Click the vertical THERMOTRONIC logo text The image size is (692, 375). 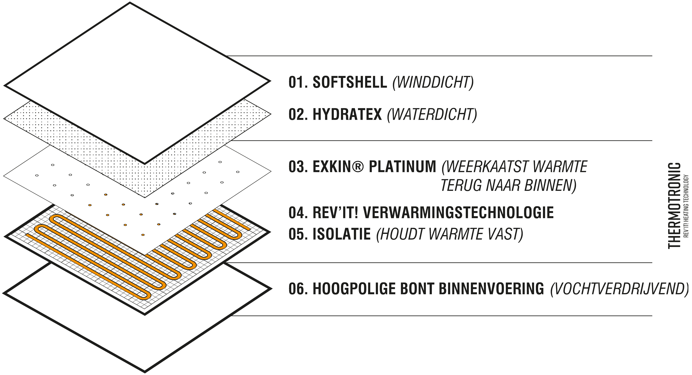coord(674,205)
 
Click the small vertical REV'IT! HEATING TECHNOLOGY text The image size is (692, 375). coord(686,206)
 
